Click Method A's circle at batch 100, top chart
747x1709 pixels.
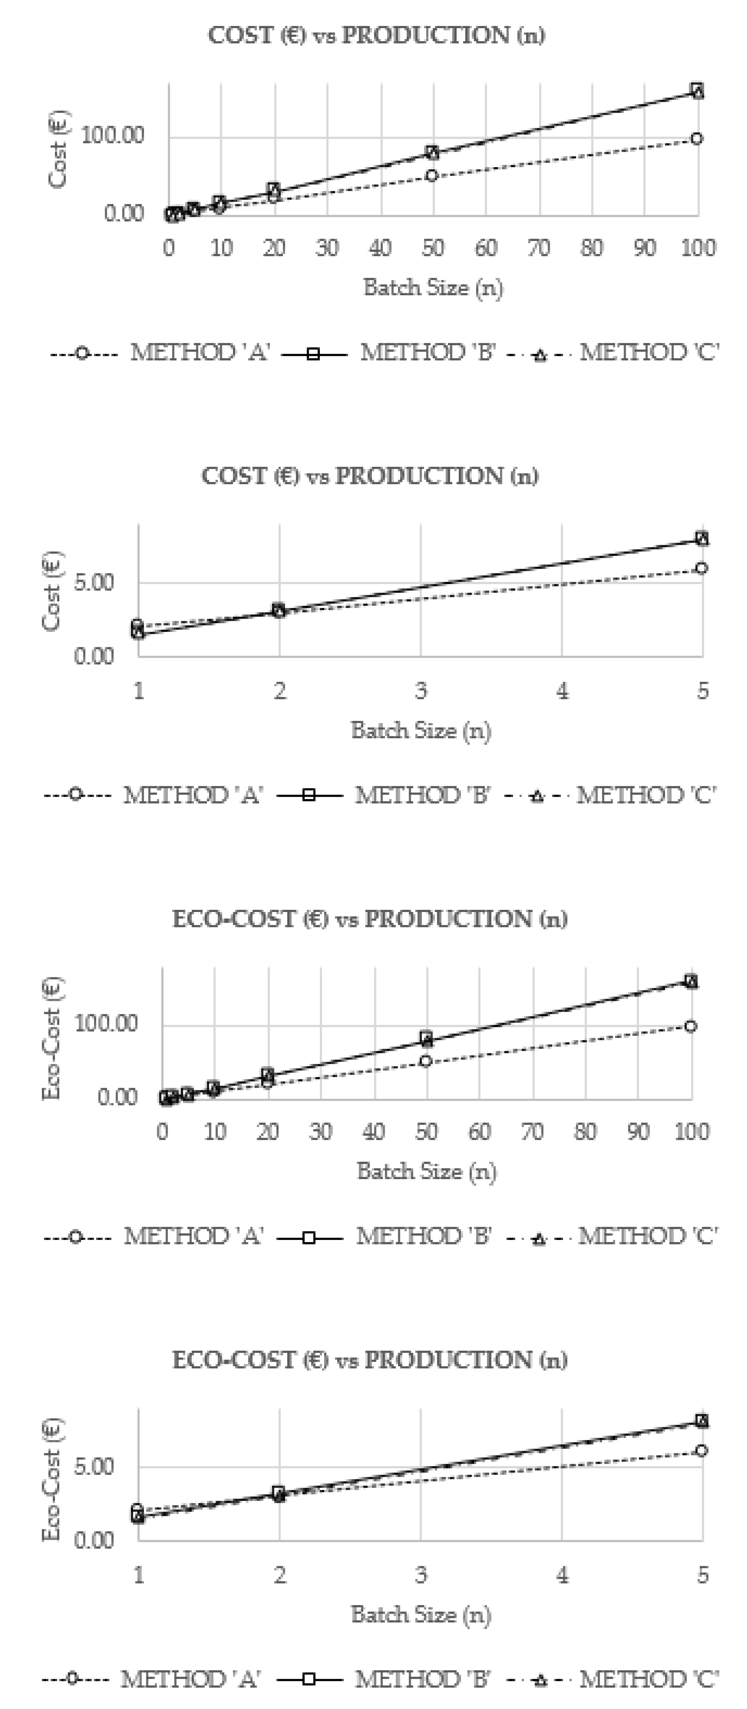[x=696, y=139]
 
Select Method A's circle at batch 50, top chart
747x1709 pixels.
[x=432, y=176]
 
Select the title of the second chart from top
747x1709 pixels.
[x=370, y=476]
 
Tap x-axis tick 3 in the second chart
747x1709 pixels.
[x=421, y=691]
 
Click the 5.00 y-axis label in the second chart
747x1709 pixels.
[x=93, y=583]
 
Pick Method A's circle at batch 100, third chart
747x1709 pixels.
[x=691, y=1026]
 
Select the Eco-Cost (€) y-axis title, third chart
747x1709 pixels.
[x=52, y=1038]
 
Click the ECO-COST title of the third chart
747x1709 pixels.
[x=370, y=919]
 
